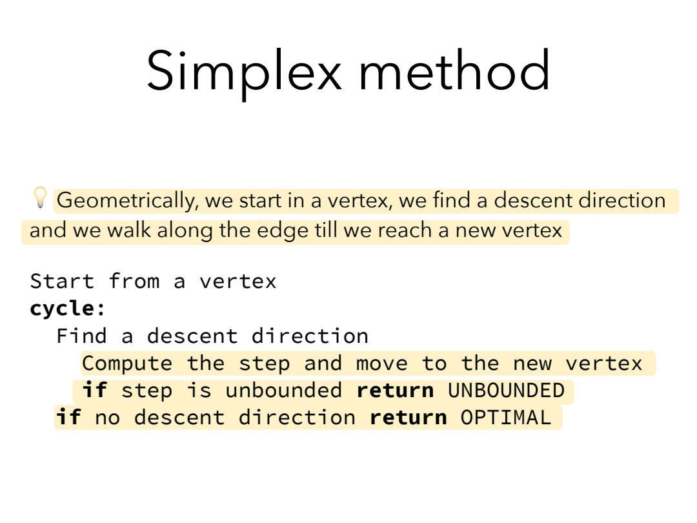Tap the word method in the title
coord(454,70)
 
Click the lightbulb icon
coord(40,197)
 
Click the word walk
coord(128,231)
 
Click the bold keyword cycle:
coord(68,309)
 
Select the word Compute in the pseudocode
coord(127,364)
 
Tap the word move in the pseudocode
coord(381,364)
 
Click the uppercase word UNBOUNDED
coord(507,391)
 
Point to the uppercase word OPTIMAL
coord(506,418)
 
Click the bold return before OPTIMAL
coord(408,418)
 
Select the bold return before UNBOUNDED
coord(395,391)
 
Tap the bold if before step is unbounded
coord(95,390)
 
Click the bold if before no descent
coord(68,417)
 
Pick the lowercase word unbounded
coord(284,390)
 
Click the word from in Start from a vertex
coord(134,281)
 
